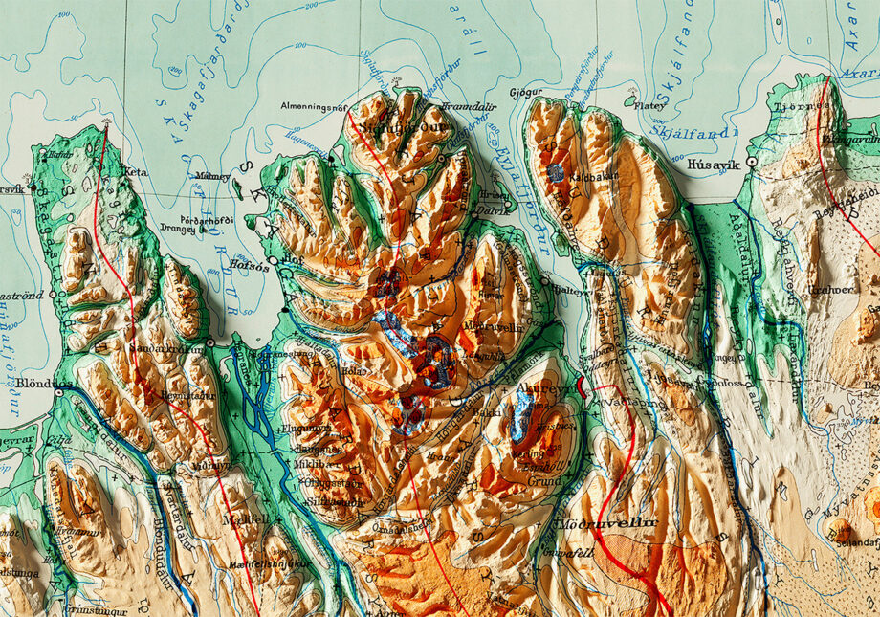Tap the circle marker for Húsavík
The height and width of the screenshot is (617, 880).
(753, 163)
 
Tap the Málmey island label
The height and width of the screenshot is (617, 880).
(212, 177)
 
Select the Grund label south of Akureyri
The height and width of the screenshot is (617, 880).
(547, 483)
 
